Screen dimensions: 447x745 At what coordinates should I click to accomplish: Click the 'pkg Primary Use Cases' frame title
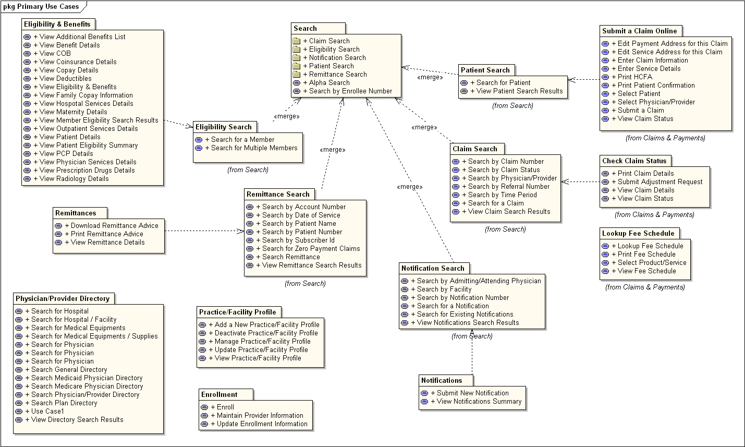41,7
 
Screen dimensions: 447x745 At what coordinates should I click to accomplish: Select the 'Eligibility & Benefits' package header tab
57,25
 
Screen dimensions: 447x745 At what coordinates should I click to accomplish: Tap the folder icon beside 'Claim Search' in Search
297,41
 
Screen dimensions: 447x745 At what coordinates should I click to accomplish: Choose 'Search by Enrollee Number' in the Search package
350,91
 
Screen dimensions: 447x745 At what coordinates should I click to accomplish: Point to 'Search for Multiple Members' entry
254,148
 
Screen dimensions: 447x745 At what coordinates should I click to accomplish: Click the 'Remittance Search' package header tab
278,194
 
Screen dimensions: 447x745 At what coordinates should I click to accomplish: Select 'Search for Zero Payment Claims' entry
311,248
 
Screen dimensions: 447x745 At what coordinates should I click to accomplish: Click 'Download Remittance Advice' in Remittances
114,225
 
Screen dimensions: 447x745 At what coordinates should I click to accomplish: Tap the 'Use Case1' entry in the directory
47,411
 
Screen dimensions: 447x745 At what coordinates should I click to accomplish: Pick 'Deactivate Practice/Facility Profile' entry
266,333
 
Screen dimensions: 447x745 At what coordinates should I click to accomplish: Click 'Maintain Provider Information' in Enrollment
260,415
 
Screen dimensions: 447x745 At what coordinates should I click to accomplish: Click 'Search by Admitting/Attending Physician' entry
479,281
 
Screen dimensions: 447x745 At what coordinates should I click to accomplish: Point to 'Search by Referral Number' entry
508,186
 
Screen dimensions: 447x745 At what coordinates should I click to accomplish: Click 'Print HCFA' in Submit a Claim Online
634,77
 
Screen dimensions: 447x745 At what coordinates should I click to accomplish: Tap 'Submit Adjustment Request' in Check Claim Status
660,182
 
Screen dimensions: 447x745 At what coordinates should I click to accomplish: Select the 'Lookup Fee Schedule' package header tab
638,233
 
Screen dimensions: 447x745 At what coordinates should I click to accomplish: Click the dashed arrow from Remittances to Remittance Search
203,231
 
